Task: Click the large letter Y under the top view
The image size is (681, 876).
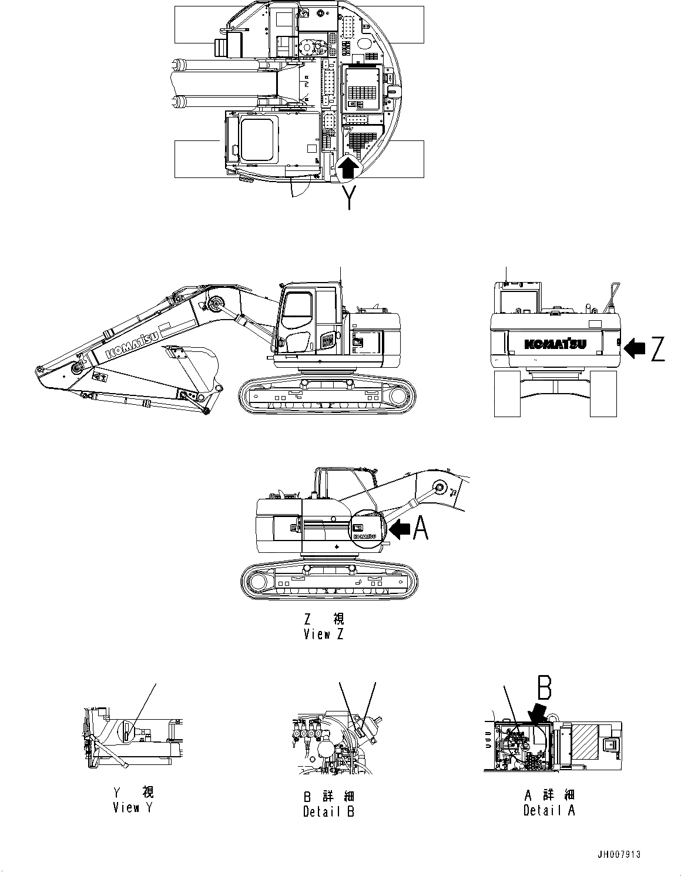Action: [x=349, y=197]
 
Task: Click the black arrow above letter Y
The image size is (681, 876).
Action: [x=348, y=169]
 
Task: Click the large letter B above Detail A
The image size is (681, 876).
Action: [x=544, y=687]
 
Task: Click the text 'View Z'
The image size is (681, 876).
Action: [x=323, y=634]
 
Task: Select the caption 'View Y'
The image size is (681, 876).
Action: [x=133, y=807]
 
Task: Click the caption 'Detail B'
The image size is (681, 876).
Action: [x=328, y=811]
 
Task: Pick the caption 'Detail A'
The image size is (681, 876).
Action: [x=549, y=810]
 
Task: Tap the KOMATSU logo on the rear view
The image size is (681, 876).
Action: [x=555, y=344]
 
